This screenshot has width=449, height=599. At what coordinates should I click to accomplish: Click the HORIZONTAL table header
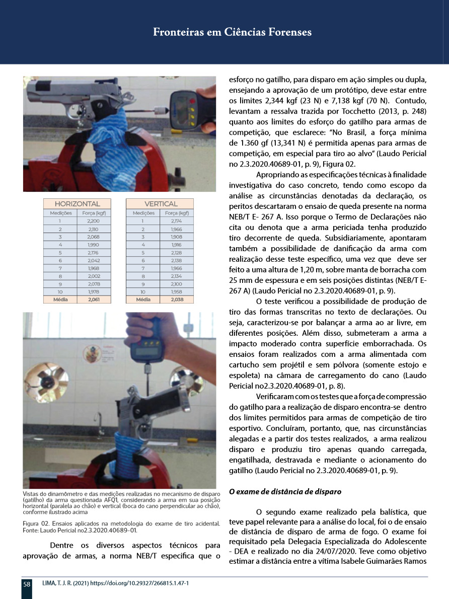pos(77,204)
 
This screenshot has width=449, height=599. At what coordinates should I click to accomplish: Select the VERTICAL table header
pos(161,204)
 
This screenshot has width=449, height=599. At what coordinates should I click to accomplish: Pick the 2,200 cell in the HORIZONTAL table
pos(93,221)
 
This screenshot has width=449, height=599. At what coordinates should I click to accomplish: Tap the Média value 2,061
pos(93,299)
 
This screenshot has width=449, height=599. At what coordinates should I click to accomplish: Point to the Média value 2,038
pos(177,299)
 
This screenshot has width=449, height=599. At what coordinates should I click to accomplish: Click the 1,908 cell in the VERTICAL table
pos(177,237)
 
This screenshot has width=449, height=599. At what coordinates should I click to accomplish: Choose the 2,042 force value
pos(93,260)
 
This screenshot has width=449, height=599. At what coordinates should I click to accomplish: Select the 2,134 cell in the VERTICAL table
pos(177,276)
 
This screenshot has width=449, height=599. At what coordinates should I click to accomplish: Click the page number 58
pos(27,584)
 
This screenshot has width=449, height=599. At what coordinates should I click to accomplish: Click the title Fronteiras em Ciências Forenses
pos(232,33)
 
